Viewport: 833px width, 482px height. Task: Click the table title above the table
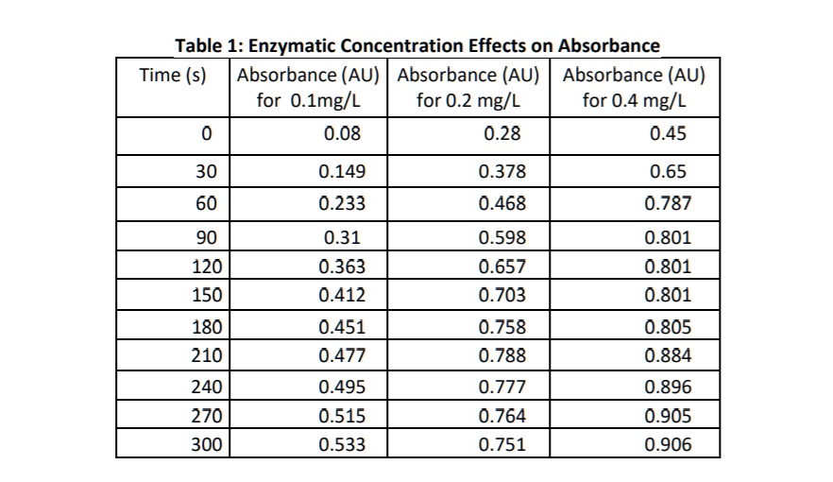(417, 45)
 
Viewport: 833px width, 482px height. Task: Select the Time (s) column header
(173, 76)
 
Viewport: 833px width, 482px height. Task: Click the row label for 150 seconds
(207, 295)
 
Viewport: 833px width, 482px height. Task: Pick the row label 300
(207, 444)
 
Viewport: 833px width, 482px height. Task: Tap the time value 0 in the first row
(207, 134)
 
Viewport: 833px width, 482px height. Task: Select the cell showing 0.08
(342, 134)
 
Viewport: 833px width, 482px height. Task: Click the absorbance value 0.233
(342, 203)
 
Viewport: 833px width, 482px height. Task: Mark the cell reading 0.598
(501, 237)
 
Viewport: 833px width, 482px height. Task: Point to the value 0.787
(668, 203)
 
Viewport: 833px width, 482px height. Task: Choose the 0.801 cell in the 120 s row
(668, 267)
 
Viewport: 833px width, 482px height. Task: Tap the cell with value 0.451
(342, 328)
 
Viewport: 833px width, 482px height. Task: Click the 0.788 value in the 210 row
(501, 356)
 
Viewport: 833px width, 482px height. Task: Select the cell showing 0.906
(668, 444)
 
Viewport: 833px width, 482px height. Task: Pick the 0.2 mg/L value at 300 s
(501, 444)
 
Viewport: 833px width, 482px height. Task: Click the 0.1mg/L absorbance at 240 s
(342, 387)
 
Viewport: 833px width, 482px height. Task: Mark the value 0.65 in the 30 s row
(668, 172)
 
